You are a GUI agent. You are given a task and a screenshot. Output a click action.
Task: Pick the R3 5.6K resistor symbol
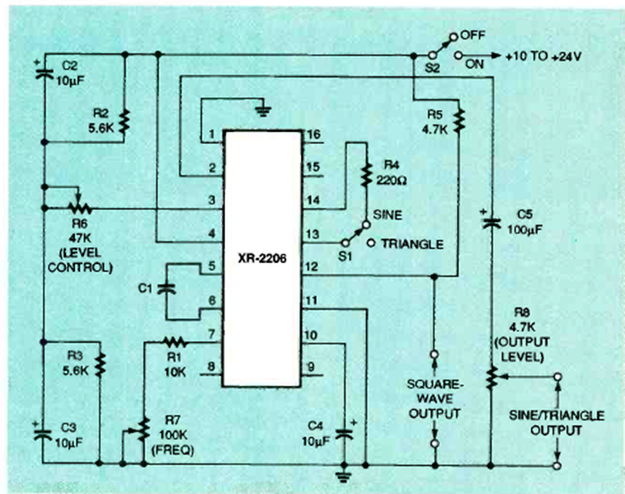(x=99, y=362)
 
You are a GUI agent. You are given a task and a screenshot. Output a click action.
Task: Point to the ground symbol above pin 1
(x=261, y=107)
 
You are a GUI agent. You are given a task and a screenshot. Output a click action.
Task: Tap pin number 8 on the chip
(x=212, y=366)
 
